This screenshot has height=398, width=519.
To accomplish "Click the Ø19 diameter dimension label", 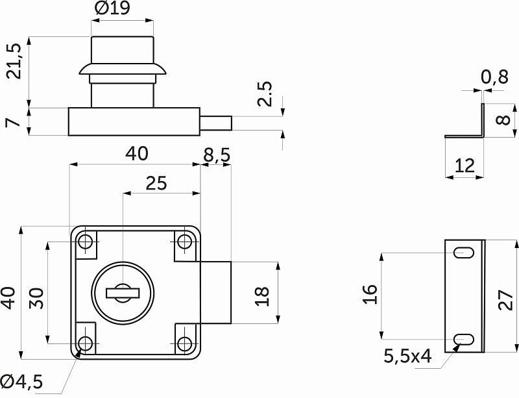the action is pos(112,8).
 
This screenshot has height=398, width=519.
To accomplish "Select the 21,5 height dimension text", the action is pos(15,61).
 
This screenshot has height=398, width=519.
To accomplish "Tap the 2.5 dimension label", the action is pos(265,93).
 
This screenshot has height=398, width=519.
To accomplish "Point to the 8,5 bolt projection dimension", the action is pos(217,155).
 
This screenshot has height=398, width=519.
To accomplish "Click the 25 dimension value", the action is pos(156,183).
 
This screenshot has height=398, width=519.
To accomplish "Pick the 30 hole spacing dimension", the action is pos(36,298).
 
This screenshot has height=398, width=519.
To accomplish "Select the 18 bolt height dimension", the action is pos(262,297).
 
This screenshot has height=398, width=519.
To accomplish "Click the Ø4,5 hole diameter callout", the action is pos(22,382).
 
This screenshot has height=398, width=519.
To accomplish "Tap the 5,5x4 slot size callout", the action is pos(407,356).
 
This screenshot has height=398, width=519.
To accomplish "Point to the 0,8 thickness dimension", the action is pos(494,77).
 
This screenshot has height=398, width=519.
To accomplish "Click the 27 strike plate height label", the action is pos(506,300).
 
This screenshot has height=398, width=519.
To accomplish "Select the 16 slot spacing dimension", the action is pos(370,294).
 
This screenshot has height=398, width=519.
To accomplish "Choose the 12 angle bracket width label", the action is pos(465,166).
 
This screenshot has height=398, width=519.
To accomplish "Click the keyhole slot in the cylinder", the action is pos(123,293).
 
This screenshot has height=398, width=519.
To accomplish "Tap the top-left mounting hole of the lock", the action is pos(86,242).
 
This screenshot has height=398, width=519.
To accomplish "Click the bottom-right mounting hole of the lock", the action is pos(184,343).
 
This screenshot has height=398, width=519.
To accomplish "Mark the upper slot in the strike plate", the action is pos(464,253).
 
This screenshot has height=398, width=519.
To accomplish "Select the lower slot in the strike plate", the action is pos(464,340).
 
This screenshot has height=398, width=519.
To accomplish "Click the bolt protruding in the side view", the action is pos(216,123).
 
